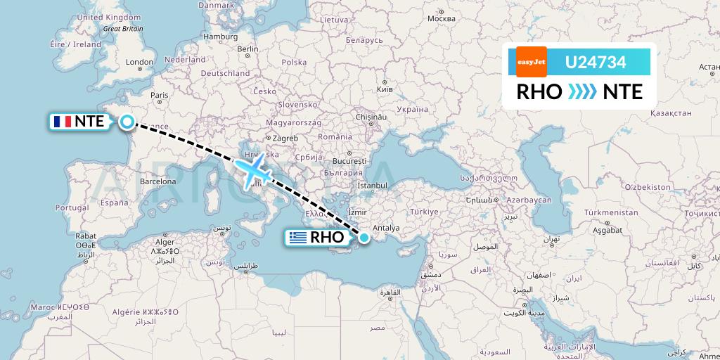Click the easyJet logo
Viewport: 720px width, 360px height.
coord(531,62)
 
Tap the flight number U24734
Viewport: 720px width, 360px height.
coord(596,62)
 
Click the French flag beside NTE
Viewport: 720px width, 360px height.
coord(62,122)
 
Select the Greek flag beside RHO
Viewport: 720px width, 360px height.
coord(298,238)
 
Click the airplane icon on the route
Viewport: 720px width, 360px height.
coord(254,170)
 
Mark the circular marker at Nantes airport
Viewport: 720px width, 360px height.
coord(127,122)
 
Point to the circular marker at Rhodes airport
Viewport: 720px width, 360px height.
coord(364,238)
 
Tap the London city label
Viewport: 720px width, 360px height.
coord(139,63)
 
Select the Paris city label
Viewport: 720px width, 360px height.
coord(161,95)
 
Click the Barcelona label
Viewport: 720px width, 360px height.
coord(157,181)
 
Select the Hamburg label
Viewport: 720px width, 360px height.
coord(220,37)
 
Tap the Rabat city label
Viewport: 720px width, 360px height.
coord(86,236)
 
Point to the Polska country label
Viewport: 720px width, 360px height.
coord(294,62)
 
